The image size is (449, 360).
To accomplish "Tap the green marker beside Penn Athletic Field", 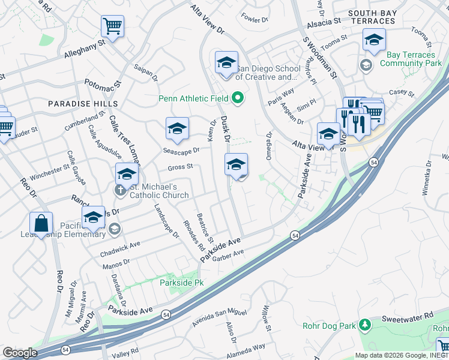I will click(x=238, y=97).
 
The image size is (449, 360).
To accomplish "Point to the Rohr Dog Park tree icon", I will click(x=364, y=325).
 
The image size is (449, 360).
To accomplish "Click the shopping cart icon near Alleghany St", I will click(x=112, y=26).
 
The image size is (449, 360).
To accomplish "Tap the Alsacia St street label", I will click(x=324, y=22).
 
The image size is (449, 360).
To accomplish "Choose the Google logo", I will click(x=20, y=353).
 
